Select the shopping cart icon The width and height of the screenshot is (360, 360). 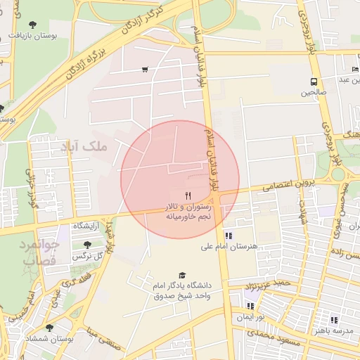145,69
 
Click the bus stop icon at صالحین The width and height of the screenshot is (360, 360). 314,81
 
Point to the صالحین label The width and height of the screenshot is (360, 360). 314,92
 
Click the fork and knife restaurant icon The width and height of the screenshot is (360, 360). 187,195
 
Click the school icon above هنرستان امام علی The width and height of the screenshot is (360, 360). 229,236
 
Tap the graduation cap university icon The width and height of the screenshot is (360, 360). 183,276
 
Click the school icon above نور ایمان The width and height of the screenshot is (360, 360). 251,306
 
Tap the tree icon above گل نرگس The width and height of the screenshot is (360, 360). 87,245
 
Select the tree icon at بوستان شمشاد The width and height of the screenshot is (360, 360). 49,328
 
